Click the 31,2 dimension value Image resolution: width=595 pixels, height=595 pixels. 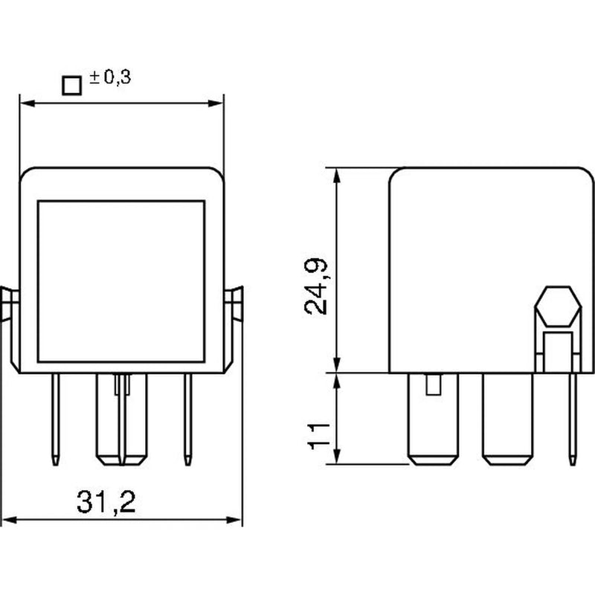click(x=106, y=502)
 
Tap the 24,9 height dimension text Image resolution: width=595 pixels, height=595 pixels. click(x=315, y=286)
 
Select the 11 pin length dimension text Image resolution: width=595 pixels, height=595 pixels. click(x=318, y=437)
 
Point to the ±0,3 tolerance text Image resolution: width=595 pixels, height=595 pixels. click(x=110, y=77)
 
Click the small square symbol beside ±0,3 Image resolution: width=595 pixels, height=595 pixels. click(x=71, y=86)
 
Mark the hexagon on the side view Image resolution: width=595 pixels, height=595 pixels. click(x=558, y=306)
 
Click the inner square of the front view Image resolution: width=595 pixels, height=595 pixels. click(x=121, y=281)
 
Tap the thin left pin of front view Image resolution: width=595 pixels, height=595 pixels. click(x=55, y=419)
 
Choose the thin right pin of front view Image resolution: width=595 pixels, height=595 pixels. click(x=187, y=419)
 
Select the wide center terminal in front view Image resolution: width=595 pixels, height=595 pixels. click(x=121, y=419)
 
